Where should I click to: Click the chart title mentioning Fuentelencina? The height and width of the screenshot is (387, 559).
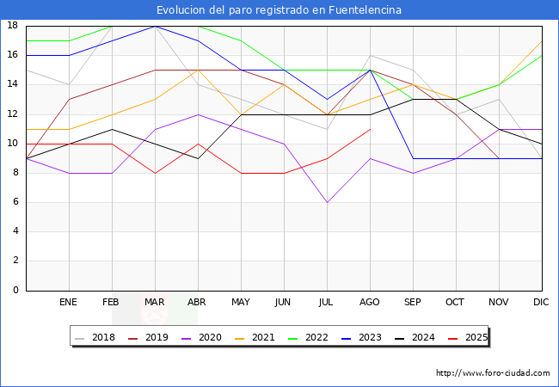point(279,10)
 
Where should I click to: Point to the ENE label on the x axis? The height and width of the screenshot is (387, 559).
point(69,303)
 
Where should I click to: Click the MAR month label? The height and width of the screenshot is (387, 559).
point(155,303)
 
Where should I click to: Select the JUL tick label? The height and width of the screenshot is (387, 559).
point(327,303)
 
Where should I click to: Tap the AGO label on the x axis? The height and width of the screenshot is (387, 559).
point(370,303)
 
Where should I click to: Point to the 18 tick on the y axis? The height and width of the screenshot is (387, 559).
point(13,26)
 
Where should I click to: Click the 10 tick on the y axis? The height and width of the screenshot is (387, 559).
point(13,144)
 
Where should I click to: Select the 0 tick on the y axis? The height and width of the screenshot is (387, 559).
point(15,291)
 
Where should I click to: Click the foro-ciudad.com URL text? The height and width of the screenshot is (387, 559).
point(493,373)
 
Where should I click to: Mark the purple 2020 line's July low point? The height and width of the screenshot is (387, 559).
point(327,202)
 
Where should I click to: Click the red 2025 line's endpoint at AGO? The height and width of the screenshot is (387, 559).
point(370,129)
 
